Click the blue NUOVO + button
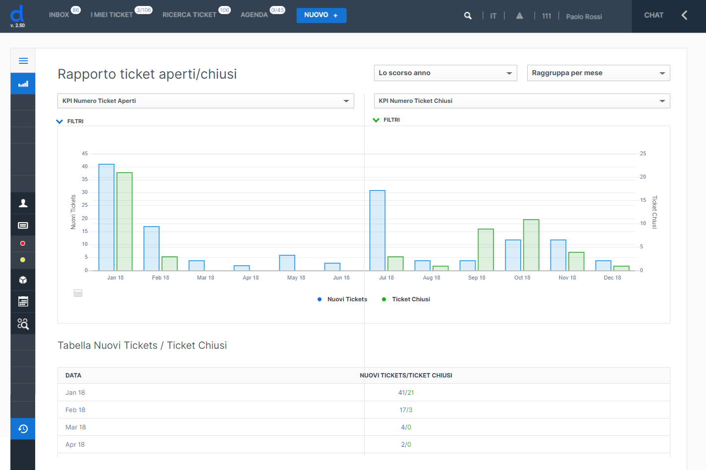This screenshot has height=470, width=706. point(321,15)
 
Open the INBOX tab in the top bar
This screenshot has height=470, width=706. point(59,15)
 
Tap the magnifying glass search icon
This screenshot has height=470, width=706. point(468,15)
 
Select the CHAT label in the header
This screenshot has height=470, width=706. point(653,15)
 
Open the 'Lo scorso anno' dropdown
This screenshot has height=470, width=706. point(445,73)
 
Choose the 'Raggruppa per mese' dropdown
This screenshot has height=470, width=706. point(598,73)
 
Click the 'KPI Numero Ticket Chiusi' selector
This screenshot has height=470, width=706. point(522,101)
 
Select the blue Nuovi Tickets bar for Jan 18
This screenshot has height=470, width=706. point(107,217)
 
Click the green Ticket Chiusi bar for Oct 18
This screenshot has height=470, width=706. point(531,245)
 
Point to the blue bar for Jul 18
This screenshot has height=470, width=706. point(377,231)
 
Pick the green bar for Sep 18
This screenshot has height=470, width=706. point(486,250)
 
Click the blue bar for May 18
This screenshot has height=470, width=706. point(287,263)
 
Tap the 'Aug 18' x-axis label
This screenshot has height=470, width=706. point(432,278)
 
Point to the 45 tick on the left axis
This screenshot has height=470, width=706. point(84,154)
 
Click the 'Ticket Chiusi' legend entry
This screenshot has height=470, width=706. point(406,299)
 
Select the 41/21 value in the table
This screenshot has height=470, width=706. point(406,392)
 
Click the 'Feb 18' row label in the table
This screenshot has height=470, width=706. point(75,410)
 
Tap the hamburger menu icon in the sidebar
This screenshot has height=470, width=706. point(23,61)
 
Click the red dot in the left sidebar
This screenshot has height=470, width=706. point(23,243)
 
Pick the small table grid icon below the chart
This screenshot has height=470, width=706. point(78,293)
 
